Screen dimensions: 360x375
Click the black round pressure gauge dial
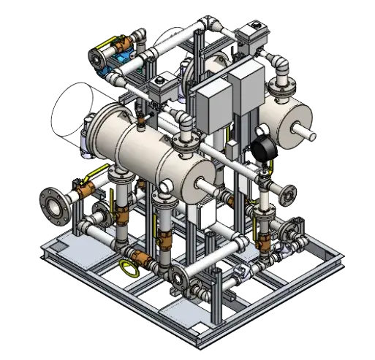pyautogui.click(x=261, y=148)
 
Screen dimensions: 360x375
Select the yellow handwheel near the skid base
pyautogui.click(x=129, y=268)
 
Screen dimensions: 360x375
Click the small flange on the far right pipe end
pyautogui.click(x=289, y=194)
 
